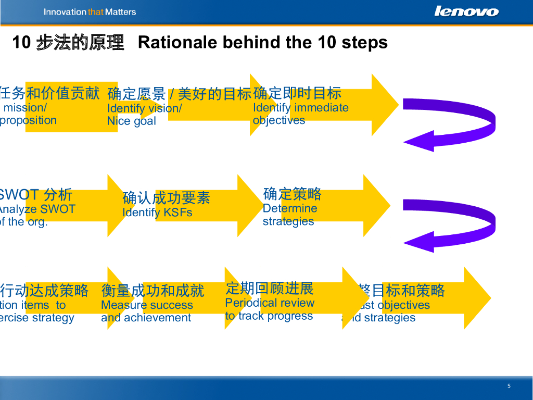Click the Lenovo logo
click(x=466, y=11)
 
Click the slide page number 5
click(x=509, y=386)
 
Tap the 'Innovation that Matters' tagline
click(x=90, y=12)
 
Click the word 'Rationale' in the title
click(x=178, y=42)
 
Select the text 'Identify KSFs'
click(x=157, y=213)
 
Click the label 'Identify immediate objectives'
click(x=300, y=114)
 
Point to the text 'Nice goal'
click(x=131, y=121)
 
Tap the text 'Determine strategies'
click(x=290, y=215)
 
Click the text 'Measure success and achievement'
click(x=147, y=311)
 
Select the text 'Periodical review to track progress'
click(x=270, y=309)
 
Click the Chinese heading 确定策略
click(x=293, y=194)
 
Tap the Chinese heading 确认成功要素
click(x=166, y=198)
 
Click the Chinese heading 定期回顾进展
click(x=270, y=288)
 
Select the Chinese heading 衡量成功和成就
click(x=153, y=291)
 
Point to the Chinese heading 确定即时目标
click(x=297, y=93)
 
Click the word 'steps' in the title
click(x=364, y=42)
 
